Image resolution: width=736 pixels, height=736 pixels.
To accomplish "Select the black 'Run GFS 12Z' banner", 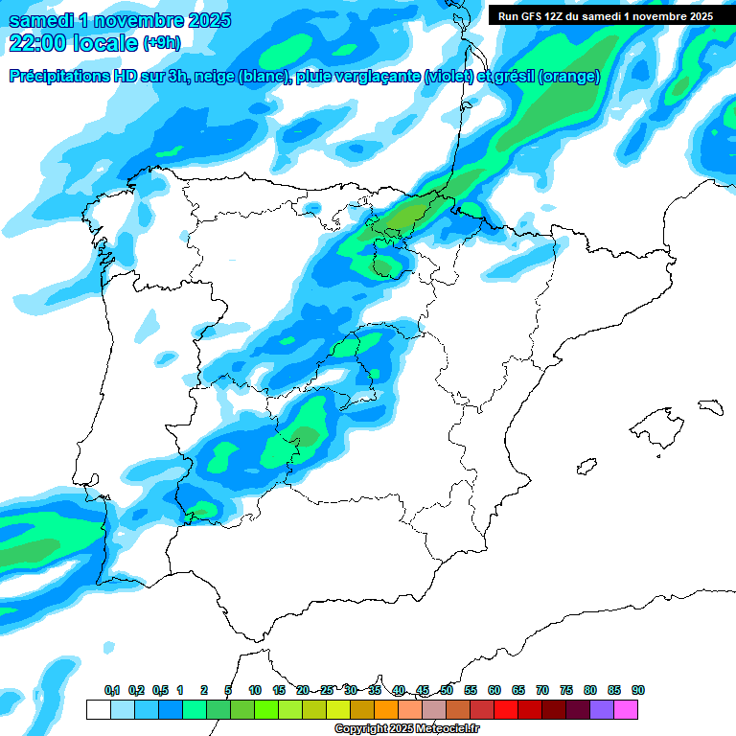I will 601,15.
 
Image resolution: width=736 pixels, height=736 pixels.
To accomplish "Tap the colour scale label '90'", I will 638,690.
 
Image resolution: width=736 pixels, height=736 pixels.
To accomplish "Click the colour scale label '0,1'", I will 112,690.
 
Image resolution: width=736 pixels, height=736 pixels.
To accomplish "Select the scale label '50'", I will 447,690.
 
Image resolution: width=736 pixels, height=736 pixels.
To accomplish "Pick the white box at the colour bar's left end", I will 98,709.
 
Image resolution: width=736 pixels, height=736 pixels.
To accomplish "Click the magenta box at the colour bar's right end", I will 626,709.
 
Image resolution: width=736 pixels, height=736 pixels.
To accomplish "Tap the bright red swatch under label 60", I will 506,709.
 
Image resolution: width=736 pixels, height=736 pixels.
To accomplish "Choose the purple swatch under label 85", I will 602,709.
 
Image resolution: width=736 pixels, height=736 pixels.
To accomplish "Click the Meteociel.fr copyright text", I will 407,729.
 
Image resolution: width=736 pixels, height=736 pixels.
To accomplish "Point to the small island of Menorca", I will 711,406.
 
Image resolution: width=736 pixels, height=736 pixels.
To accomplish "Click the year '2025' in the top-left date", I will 202,19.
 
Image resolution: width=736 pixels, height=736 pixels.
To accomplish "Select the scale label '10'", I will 255,690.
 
